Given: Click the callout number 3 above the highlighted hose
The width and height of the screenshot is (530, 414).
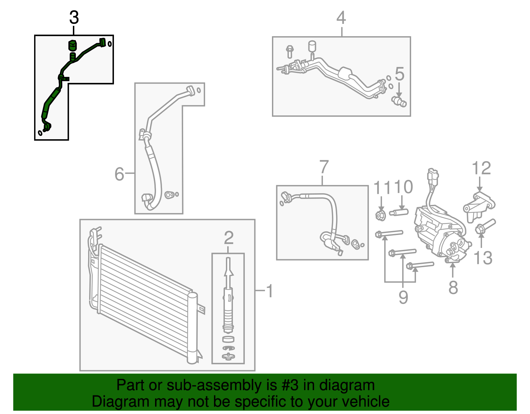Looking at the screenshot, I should tap(74, 18).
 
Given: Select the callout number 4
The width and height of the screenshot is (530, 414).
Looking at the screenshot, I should tap(341, 18).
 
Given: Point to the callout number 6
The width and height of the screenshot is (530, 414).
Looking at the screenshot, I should tap(119, 174).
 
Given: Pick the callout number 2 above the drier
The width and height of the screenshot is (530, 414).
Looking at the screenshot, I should tap(229, 238).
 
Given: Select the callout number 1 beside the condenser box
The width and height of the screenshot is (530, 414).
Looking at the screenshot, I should tap(270, 291).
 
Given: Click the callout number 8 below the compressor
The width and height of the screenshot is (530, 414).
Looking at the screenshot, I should tap(453, 287).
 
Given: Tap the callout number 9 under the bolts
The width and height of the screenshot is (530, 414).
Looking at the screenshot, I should tap(403, 297).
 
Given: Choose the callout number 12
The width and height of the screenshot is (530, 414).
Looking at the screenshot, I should tap(481, 168).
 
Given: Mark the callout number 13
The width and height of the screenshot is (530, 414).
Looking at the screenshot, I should tap(483, 258).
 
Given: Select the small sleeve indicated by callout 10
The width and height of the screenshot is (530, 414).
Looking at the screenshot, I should tap(399, 212).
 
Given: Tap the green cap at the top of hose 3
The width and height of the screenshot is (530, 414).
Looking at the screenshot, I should tap(72, 45).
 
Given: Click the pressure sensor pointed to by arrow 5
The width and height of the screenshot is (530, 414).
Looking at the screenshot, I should tap(399, 101).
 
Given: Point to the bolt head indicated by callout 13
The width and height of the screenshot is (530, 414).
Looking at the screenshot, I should tap(479, 229).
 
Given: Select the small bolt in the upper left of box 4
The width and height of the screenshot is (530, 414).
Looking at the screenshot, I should tap(290, 51).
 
